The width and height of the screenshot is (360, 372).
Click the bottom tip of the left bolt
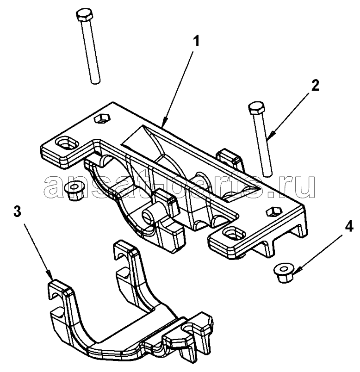click(94, 81)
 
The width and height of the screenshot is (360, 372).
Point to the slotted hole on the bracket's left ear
click(65, 144)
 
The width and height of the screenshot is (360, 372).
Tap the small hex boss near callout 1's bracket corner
click(101, 119)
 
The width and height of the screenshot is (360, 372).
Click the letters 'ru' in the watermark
click(300, 186)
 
